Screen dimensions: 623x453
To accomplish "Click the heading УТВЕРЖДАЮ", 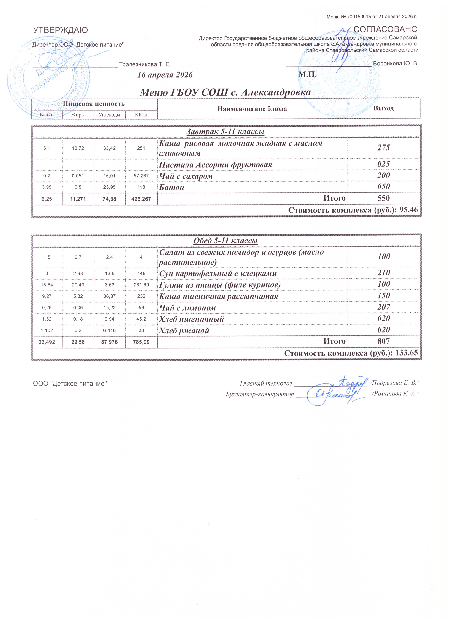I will pyautogui.click(x=60, y=30).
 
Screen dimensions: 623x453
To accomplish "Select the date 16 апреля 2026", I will pyautogui.click(x=165, y=75).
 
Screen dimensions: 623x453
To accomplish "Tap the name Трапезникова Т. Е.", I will pyautogui.click(x=145, y=65).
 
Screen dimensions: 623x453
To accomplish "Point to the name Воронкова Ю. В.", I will pyautogui.click(x=396, y=64).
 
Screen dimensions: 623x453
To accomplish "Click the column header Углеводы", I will pyautogui.click(x=109, y=115).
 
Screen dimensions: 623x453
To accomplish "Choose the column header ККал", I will pyautogui.click(x=141, y=115).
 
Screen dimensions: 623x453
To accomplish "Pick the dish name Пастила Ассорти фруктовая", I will pyautogui.click(x=216, y=165).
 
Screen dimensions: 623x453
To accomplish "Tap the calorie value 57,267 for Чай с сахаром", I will pyautogui.click(x=141, y=176).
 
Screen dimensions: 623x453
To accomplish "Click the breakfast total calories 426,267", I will pyautogui.click(x=141, y=199).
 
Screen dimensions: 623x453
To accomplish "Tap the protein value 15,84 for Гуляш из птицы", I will pyautogui.click(x=47, y=285).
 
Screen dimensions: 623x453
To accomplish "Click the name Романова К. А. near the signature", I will pyautogui.click(x=395, y=394).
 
